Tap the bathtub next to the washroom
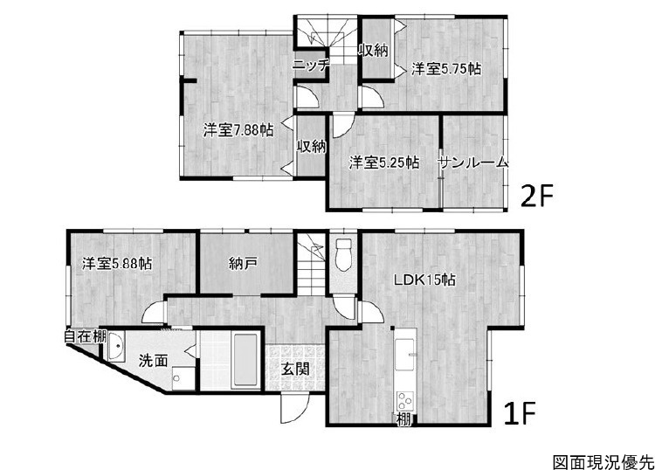(x=245, y=360)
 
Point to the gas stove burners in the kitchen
(x=404, y=400)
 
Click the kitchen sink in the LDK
(x=404, y=355)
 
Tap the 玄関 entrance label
(x=295, y=369)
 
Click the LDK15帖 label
(x=424, y=280)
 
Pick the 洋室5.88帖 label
(x=116, y=264)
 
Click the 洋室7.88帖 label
(x=238, y=130)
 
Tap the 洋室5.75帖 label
(x=446, y=68)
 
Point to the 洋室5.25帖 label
(x=384, y=162)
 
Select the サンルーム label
(x=473, y=162)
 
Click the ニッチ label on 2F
(x=311, y=66)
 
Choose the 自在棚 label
(x=86, y=336)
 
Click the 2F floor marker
(x=536, y=196)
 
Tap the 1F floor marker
(x=520, y=412)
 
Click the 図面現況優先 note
(x=603, y=462)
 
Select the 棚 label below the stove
(x=403, y=419)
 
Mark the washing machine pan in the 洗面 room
(x=183, y=378)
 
